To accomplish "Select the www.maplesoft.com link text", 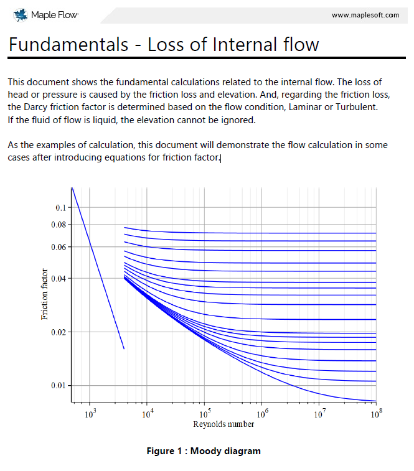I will pos(365,15).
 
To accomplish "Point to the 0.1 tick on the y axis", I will pos(61,207).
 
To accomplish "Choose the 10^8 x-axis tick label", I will pos(375,413).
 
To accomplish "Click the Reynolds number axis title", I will pos(223,424).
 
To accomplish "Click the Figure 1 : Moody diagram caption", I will pos(204,451).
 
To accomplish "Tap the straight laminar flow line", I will pos(98,268).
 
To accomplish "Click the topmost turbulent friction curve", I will pos(249,233).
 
